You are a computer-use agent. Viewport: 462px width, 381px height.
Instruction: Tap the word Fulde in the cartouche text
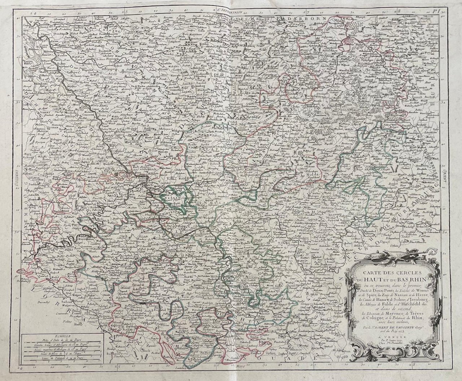tap(374, 303)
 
